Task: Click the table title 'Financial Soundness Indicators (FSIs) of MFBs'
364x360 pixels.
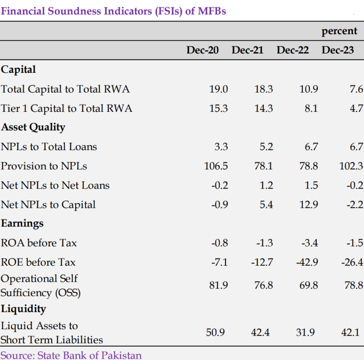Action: [x=113, y=11]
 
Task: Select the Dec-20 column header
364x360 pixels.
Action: [x=202, y=50]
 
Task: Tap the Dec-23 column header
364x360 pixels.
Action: [x=338, y=50]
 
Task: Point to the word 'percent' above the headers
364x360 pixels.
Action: [x=339, y=31]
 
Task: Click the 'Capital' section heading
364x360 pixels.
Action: [x=18, y=69]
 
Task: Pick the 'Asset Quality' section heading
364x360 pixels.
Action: [x=33, y=127]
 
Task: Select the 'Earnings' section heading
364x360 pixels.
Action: [x=22, y=223]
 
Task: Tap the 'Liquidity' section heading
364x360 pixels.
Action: [x=23, y=309]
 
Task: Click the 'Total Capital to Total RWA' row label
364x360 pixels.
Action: [x=65, y=89]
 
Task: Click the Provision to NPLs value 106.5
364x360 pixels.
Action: [x=216, y=166]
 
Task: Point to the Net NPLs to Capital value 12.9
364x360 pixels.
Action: [x=309, y=205]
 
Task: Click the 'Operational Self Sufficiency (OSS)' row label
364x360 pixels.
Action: [x=41, y=286]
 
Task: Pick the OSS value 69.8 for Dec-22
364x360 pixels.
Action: [x=308, y=285]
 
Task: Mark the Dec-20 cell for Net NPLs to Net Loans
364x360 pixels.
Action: [x=220, y=186]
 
